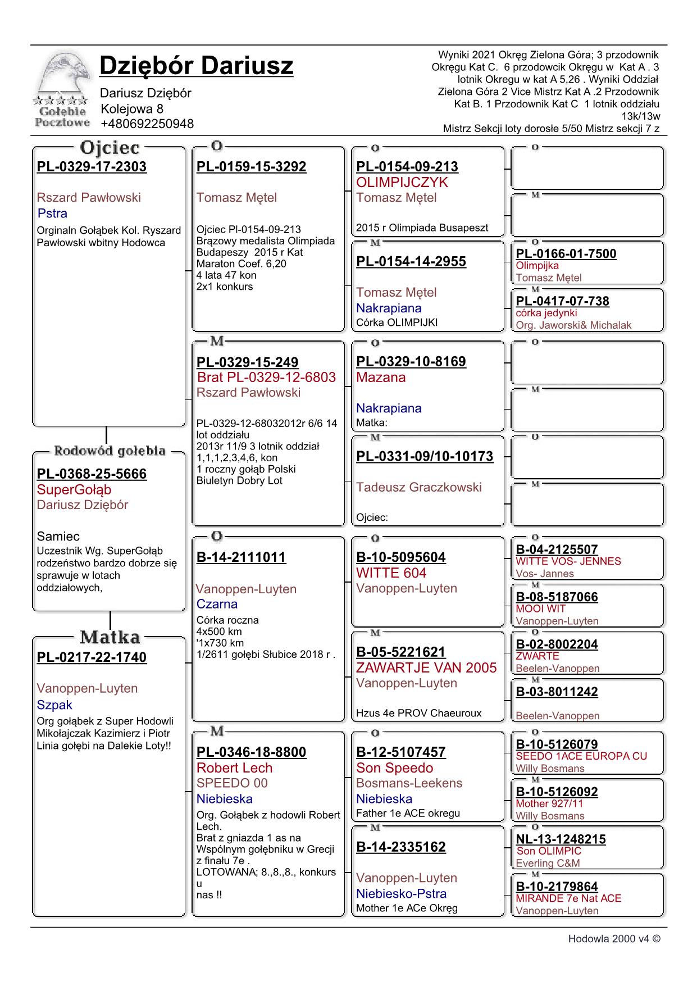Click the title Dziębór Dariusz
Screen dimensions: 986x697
pyautogui.click(x=196, y=66)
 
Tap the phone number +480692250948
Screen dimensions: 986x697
pyautogui.click(x=147, y=124)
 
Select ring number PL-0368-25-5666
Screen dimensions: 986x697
pyautogui.click(x=92, y=474)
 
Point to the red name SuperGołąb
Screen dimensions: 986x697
pyautogui.click(x=74, y=489)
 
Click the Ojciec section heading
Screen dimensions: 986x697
pyautogui.click(x=110, y=148)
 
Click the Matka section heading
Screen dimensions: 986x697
pyautogui.click(x=110, y=637)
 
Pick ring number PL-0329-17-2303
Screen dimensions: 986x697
pyautogui.click(x=92, y=167)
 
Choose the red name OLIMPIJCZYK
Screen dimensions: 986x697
pyautogui.click(x=402, y=183)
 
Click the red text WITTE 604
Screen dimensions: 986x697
pyautogui.click(x=391, y=573)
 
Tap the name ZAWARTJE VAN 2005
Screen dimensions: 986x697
pyautogui.click(x=426, y=668)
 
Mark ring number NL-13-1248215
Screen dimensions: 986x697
pyautogui.click(x=561, y=839)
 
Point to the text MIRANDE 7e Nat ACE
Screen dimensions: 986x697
pyautogui.click(x=568, y=898)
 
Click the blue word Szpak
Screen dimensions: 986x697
pyautogui.click(x=54, y=705)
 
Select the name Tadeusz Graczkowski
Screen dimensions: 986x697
pyautogui.click(x=419, y=487)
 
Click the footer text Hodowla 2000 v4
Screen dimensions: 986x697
pyautogui.click(x=613, y=939)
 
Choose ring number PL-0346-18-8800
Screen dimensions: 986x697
pyautogui.click(x=251, y=752)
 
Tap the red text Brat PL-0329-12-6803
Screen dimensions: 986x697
pyautogui.click(x=266, y=378)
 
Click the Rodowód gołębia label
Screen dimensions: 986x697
pyautogui.click(x=110, y=451)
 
